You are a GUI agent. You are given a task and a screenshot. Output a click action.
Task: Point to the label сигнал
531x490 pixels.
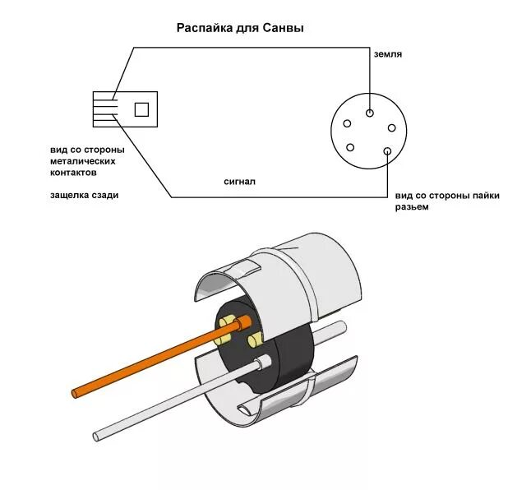239,181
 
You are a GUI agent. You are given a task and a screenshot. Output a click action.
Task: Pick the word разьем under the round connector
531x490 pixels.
412,206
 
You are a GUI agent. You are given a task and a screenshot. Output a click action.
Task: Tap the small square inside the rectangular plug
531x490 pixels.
141,109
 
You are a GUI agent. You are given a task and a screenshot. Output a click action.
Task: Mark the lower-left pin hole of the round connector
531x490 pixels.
351,148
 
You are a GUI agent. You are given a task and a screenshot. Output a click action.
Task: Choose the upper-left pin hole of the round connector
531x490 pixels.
347,125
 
